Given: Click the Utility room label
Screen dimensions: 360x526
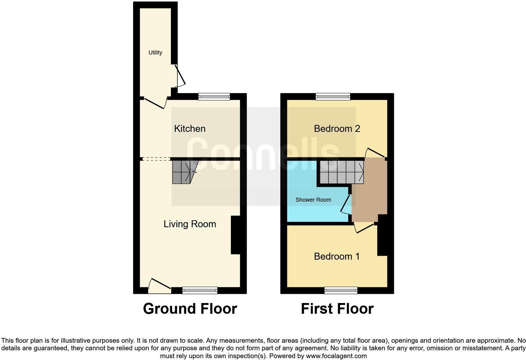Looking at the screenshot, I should pos(155,53).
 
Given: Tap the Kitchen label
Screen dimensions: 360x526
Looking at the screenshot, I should pos(190,128).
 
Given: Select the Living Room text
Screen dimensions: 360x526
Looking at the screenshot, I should pos(190,224).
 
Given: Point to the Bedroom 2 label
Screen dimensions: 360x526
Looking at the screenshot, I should pos(337,128).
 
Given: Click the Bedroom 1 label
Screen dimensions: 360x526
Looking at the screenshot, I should pos(337,256).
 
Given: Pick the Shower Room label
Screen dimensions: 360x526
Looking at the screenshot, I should pos(313,200).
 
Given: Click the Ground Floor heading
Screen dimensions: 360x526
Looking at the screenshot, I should pos(190,309).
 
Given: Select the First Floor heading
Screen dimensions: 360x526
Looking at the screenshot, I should pos(337,309).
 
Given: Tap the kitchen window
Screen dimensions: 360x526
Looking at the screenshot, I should pos(214,97).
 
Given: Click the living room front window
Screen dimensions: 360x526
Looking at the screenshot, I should pos(200,290).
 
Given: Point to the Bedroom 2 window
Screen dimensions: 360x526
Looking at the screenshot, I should pos(333,97).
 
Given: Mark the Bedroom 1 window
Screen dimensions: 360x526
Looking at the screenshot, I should pos(341,290).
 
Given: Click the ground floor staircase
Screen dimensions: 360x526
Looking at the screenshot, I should pos(182,172).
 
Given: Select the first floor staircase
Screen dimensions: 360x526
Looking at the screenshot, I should pos(342,172).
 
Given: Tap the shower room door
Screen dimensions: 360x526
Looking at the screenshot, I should pos(346,205).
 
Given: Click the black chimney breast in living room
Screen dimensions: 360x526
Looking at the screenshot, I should pos(235,235).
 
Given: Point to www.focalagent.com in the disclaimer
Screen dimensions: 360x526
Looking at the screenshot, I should pos(336,356).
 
